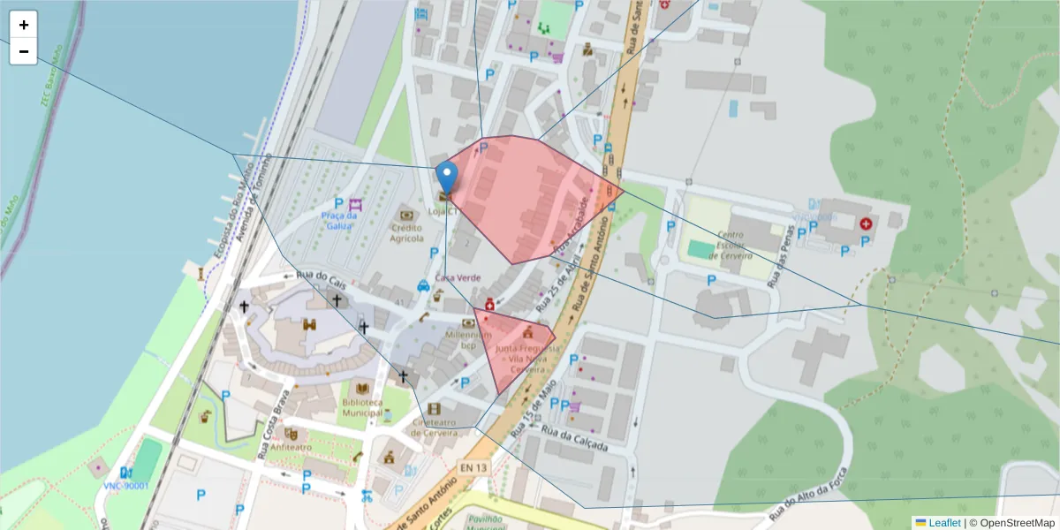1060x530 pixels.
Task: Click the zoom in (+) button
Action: pyautogui.click(x=23, y=25)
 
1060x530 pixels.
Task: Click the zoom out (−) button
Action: pyautogui.click(x=23, y=51)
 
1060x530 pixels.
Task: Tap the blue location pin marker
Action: pyautogui.click(x=448, y=178)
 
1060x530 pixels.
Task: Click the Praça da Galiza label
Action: pyautogui.click(x=339, y=221)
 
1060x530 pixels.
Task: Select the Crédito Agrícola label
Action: pyautogui.click(x=407, y=232)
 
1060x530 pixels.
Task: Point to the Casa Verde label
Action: pyautogui.click(x=458, y=277)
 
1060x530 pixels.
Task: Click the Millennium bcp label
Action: pyautogui.click(x=468, y=340)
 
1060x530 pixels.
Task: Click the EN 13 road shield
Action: pyautogui.click(x=473, y=467)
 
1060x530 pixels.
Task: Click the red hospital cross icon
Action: pyautogui.click(x=865, y=224)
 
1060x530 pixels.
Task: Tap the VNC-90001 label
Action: pyautogui.click(x=125, y=485)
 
